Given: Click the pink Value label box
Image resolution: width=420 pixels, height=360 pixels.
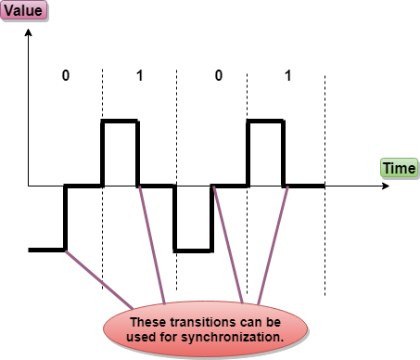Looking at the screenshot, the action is [24, 11].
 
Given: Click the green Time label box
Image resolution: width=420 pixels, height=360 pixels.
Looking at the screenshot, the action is [400, 169].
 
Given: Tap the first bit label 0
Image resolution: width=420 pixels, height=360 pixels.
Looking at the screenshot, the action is [66, 75].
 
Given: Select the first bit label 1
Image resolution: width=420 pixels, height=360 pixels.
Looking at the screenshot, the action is [140, 75].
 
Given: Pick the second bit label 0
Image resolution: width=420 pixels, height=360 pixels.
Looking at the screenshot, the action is [219, 75].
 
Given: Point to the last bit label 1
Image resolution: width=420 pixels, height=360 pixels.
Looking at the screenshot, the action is [288, 75].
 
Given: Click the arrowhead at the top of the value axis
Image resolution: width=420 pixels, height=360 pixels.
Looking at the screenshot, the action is [28, 32].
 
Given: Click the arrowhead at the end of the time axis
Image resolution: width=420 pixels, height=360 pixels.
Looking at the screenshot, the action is [386, 186].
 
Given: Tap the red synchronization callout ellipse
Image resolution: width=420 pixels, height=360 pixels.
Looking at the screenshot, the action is [206, 329].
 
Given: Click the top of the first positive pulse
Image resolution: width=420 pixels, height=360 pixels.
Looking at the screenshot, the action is [120, 121].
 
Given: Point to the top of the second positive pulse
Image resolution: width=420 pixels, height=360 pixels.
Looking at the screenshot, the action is [265, 121].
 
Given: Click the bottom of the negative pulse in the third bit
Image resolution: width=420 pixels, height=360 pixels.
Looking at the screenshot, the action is [194, 251].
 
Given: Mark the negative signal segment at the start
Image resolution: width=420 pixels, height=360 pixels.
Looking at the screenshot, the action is [46, 250].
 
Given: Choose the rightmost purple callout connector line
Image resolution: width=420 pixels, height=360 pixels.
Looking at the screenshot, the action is [273, 245].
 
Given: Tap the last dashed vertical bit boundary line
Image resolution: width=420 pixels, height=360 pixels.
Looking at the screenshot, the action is [325, 185].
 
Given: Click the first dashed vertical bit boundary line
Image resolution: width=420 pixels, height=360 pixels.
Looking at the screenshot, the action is [103, 179].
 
